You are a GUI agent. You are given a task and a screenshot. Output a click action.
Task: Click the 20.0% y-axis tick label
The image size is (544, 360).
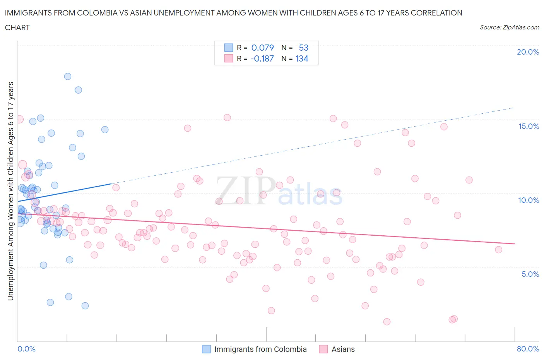[x=528, y=52]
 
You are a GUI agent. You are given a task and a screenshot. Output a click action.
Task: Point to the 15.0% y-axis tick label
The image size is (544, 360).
[x=529, y=126]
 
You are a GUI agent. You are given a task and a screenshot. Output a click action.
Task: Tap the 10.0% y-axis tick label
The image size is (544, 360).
[x=529, y=200]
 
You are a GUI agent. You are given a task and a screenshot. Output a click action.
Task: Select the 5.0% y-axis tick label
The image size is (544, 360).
[x=530, y=274]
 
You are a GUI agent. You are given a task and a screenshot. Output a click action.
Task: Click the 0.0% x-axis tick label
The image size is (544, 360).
[x=26, y=349]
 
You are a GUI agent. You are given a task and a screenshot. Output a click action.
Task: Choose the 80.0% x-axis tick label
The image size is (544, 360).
[x=528, y=349]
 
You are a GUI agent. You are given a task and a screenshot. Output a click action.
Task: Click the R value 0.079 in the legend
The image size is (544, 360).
[x=262, y=48]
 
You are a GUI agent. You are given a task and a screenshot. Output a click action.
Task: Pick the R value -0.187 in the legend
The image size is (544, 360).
[x=262, y=58]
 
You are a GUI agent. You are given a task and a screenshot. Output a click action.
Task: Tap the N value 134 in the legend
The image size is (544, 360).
[x=302, y=58]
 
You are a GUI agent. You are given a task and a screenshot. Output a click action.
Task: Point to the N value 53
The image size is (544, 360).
[x=303, y=48]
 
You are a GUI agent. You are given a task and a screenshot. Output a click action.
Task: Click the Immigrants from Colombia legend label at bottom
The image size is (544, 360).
[x=260, y=349]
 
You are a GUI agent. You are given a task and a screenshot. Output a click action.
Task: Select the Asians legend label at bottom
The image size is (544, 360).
[x=343, y=349]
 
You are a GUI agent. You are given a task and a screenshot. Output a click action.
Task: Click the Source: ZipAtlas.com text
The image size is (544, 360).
[x=509, y=27]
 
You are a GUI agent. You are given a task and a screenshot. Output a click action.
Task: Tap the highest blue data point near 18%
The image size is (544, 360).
[x=68, y=76]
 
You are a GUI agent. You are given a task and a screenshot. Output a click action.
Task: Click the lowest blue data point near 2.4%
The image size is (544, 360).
[x=85, y=306]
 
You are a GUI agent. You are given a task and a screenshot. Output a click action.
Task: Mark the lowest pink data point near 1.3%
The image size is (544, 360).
[x=387, y=322]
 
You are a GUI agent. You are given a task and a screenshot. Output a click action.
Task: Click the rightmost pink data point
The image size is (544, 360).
[x=499, y=250]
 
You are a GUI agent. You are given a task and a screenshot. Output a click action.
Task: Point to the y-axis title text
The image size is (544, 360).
[x=11, y=191]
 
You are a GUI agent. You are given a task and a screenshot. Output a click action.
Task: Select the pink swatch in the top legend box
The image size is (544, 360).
[x=229, y=58]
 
